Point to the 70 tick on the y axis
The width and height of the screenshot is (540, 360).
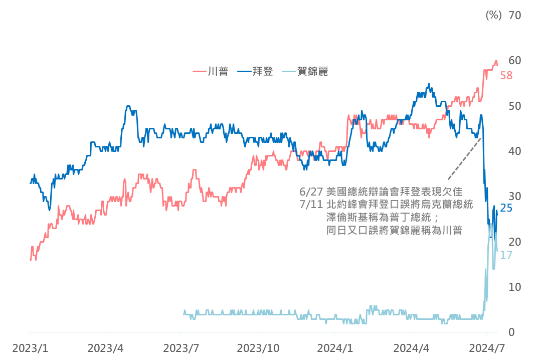515,15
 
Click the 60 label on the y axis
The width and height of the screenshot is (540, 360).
515,60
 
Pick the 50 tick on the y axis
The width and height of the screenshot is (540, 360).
515,106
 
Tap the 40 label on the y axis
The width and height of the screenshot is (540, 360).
515,151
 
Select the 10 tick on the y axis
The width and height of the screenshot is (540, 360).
515,287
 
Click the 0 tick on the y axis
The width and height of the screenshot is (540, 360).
512,332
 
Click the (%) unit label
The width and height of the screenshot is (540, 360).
493,15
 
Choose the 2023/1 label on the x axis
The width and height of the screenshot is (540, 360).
30,347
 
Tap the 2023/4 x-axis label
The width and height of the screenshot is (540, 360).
105,347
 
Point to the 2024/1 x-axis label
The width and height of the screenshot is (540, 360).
335,347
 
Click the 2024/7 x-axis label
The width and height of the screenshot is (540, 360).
486,347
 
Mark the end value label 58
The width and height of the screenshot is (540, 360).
506,76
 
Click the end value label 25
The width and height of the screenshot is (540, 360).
506,207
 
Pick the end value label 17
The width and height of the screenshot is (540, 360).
506,255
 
